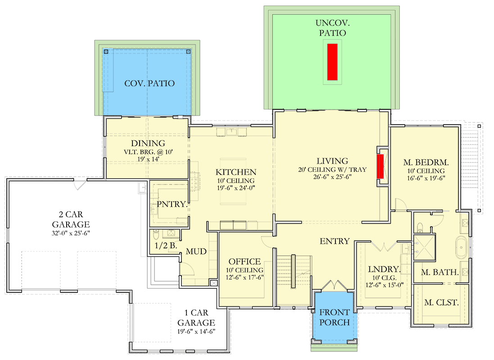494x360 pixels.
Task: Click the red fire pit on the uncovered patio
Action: [x=332, y=62]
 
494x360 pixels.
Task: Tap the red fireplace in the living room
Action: [x=381, y=166]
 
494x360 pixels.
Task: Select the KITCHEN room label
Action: [x=236, y=172]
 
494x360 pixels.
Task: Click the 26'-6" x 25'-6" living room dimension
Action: [x=332, y=177]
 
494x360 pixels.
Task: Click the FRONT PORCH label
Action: [x=334, y=317]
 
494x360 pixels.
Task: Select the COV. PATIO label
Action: [x=150, y=83]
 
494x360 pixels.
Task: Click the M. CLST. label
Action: [x=441, y=302]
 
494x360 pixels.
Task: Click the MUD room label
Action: [x=196, y=252]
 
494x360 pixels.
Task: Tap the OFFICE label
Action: [x=245, y=261]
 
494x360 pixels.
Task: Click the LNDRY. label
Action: [x=384, y=269]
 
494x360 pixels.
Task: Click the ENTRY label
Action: [x=335, y=241]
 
